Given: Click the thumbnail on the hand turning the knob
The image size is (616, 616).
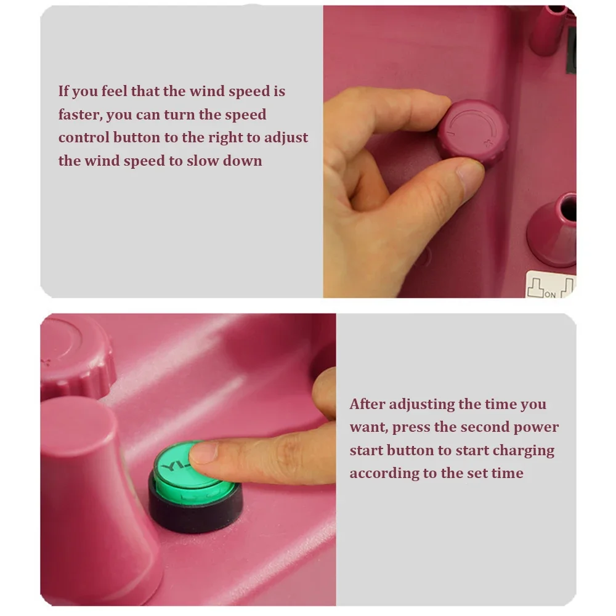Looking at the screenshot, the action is click(470, 176).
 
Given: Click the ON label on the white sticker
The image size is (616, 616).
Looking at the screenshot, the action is click(550, 294).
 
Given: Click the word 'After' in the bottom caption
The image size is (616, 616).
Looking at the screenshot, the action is click(367, 404).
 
